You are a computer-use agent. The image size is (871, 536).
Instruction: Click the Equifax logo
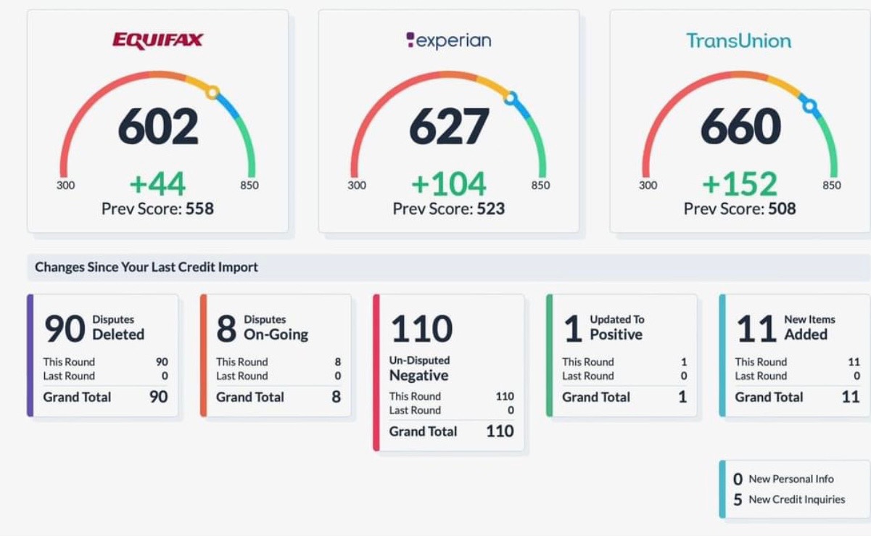[x=157, y=41]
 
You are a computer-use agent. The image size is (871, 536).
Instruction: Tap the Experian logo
[x=449, y=41]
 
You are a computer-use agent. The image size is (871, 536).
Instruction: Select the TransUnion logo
[x=739, y=41]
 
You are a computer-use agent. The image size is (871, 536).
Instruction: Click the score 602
[x=158, y=126]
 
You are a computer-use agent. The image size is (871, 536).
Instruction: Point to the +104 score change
[x=449, y=184]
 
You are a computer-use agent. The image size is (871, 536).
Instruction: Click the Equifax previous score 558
[x=199, y=209]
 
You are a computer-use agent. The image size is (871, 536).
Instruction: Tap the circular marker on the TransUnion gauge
[x=810, y=106]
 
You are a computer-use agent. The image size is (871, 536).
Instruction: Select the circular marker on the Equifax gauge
[x=212, y=93]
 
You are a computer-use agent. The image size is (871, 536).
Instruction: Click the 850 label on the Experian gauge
[x=540, y=185]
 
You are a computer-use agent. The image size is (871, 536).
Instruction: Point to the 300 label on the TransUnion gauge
[x=648, y=185]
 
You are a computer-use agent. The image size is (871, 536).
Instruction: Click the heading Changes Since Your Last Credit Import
[x=146, y=267]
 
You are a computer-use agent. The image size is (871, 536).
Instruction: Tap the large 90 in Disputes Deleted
[x=65, y=329]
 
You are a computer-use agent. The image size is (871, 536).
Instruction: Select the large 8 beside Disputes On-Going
[x=226, y=329]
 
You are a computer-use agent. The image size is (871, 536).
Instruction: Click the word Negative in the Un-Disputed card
[x=418, y=376]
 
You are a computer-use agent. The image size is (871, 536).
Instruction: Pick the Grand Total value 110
[x=500, y=431]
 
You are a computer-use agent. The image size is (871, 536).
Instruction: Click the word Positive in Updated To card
[x=616, y=334]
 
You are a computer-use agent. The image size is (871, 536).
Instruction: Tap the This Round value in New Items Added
[x=854, y=362]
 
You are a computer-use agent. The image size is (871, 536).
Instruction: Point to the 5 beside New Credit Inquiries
[x=738, y=500]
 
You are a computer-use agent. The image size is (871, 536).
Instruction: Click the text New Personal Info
[x=791, y=479]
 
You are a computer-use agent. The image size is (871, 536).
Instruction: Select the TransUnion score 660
[x=740, y=126]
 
